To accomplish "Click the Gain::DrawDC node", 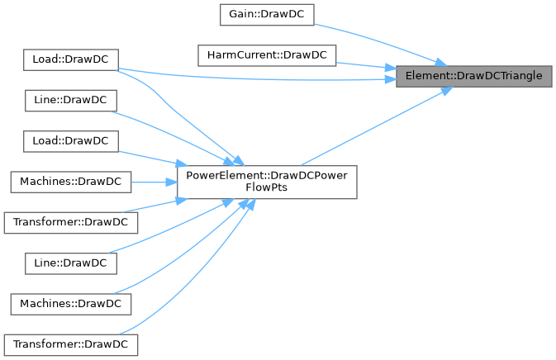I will click(x=266, y=15).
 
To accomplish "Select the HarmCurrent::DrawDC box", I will click(x=266, y=56).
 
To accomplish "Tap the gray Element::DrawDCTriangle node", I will click(x=473, y=76).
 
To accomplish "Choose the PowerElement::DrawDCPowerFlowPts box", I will click(x=267, y=181).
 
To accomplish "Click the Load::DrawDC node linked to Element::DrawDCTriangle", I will click(x=71, y=59).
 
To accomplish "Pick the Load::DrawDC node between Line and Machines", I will click(x=71, y=140).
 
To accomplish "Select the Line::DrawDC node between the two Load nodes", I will click(x=71, y=99).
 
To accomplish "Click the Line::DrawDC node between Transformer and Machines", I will click(x=71, y=263).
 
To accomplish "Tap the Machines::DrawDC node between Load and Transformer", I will click(x=71, y=181).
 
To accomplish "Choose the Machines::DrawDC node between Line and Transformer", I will click(x=71, y=304).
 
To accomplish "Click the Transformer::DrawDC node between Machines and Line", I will click(x=71, y=222).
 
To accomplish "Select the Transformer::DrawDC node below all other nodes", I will click(x=71, y=344).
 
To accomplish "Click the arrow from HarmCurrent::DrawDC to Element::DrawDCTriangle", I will click(x=364, y=64).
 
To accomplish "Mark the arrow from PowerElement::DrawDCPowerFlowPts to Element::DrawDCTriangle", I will click(x=372, y=126).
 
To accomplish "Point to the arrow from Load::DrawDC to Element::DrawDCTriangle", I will click(x=248, y=78).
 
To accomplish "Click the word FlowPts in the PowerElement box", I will click(x=267, y=187).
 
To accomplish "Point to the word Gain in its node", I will click(x=240, y=15).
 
